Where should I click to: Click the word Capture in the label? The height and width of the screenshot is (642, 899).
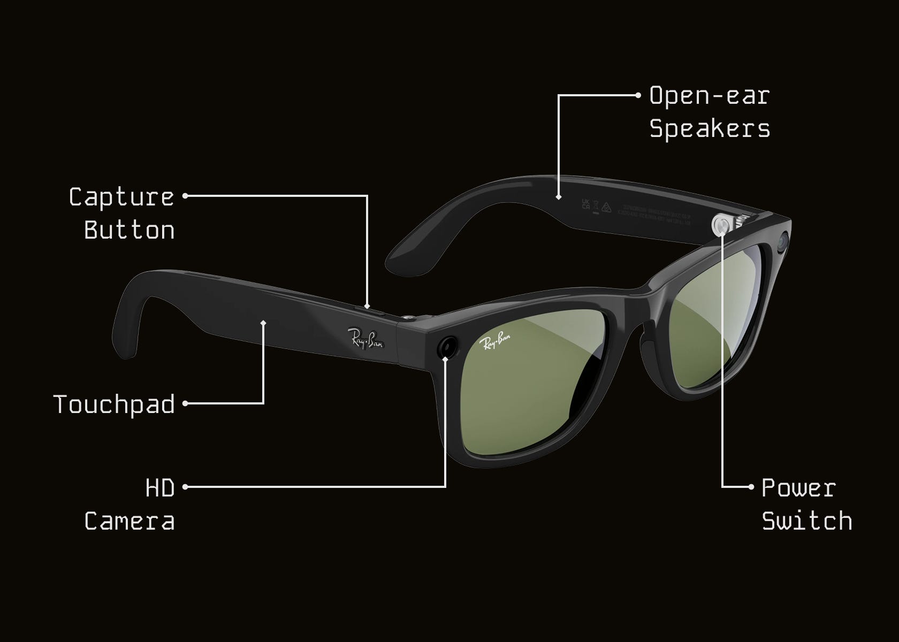[121, 197]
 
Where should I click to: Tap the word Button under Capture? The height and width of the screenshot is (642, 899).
[129, 231]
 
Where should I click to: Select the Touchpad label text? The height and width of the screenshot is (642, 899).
[114, 404]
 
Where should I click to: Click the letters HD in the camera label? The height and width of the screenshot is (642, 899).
[160, 488]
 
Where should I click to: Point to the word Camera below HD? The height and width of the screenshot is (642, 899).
[129, 521]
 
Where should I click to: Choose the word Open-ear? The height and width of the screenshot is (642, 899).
[710, 96]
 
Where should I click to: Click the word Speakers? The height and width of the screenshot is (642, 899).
[710, 129]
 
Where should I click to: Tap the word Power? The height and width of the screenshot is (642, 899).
[798, 488]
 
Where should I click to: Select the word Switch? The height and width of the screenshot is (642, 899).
[807, 521]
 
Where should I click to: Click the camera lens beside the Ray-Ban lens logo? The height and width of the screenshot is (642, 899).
[447, 347]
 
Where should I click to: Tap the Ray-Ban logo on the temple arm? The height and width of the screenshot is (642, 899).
[365, 339]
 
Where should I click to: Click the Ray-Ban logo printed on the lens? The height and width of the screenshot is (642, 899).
[495, 341]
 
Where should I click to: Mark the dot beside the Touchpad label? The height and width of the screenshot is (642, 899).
[185, 404]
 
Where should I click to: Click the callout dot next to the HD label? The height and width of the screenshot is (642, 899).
[185, 487]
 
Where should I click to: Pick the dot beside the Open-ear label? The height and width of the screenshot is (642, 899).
[637, 96]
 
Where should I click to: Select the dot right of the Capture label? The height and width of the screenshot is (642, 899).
[185, 196]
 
